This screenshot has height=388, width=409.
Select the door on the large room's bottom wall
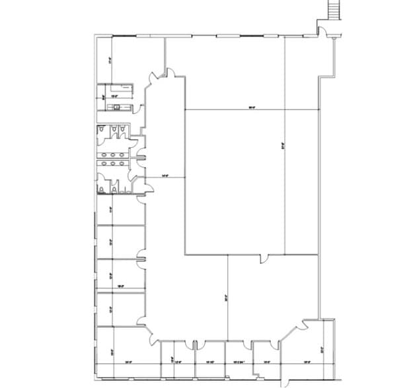click(x=264, y=257)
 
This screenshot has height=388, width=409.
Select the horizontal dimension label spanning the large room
click(x=251, y=107)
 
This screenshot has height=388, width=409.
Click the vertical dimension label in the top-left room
click(x=110, y=59)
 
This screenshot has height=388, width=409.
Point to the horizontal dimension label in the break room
click(x=113, y=96)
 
